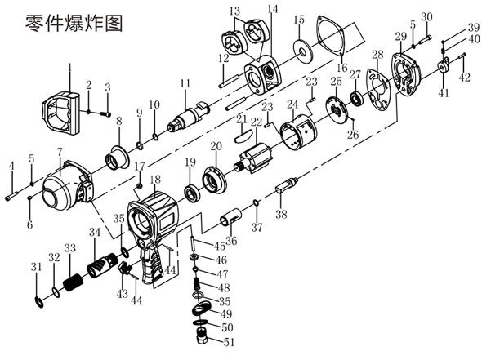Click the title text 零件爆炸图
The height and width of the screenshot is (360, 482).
[x=74, y=23]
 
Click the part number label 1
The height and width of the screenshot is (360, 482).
[x=69, y=68]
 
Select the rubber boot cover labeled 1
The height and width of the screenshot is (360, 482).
[x=60, y=113]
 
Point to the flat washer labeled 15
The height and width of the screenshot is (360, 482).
[x=303, y=49]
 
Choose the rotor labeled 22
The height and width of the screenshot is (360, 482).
[x=254, y=158]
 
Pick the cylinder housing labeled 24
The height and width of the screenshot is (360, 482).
[x=298, y=131]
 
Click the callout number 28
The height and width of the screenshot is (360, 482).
[x=377, y=55]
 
